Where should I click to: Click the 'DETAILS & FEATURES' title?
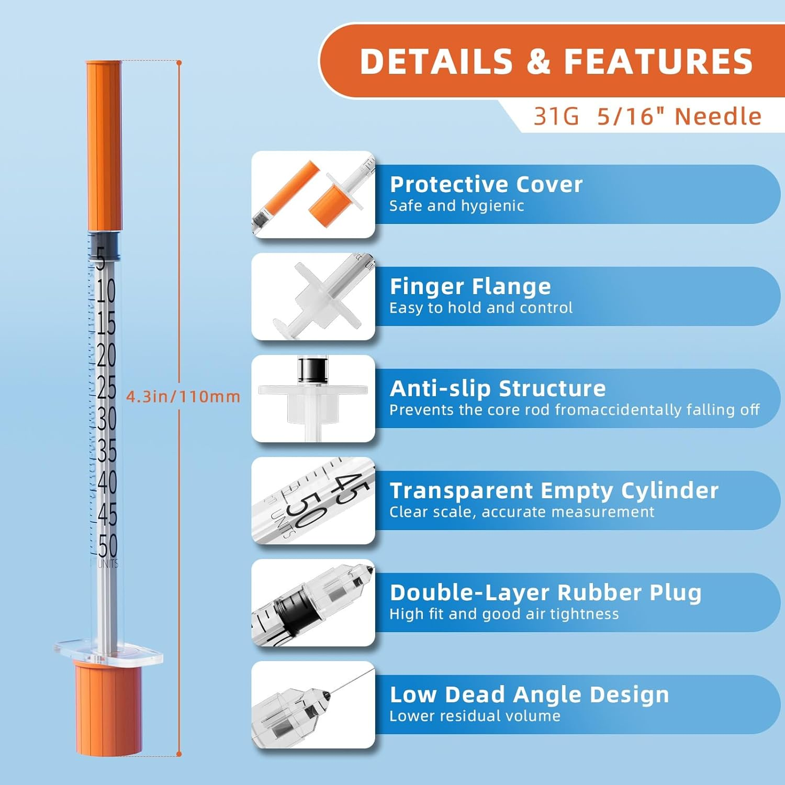click(556, 61)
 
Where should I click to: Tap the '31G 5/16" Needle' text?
click(647, 116)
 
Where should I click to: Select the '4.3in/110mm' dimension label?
click(183, 396)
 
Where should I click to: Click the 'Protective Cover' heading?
click(486, 184)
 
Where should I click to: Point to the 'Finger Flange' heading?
click(470, 286)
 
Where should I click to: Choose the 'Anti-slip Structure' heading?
click(498, 388)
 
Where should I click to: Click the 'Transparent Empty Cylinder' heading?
click(554, 490)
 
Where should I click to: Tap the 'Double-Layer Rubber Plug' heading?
click(545, 592)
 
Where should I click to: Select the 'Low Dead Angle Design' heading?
click(529, 694)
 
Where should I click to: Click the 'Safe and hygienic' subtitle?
click(456, 206)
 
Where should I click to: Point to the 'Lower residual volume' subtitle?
click(475, 716)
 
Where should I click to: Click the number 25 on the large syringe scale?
click(106, 387)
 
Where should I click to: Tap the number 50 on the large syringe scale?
click(107, 546)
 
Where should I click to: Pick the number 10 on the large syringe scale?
click(105, 290)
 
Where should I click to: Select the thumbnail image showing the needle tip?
click(313, 705)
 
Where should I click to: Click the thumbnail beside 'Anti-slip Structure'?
click(313, 399)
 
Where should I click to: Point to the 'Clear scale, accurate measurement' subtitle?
click(521, 512)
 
